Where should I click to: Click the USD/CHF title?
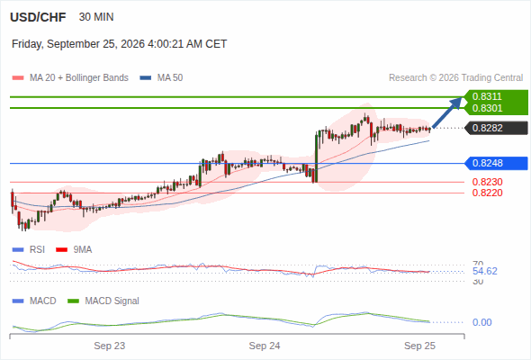38,17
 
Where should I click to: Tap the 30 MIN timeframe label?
96,17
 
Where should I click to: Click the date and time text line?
119,44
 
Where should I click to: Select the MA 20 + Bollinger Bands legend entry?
70,78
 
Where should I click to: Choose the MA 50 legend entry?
161,78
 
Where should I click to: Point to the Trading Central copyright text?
455,78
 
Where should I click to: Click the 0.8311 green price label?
487,96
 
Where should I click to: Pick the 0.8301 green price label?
487,108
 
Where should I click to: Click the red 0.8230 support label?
487,182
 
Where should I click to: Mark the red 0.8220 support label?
487,193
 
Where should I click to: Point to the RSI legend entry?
29,249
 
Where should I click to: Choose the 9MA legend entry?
74,249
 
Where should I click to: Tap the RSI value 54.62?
485,271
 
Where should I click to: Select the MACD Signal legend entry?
103,301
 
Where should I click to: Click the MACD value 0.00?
482,322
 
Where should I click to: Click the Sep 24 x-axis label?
265,346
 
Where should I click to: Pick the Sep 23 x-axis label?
110,346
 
